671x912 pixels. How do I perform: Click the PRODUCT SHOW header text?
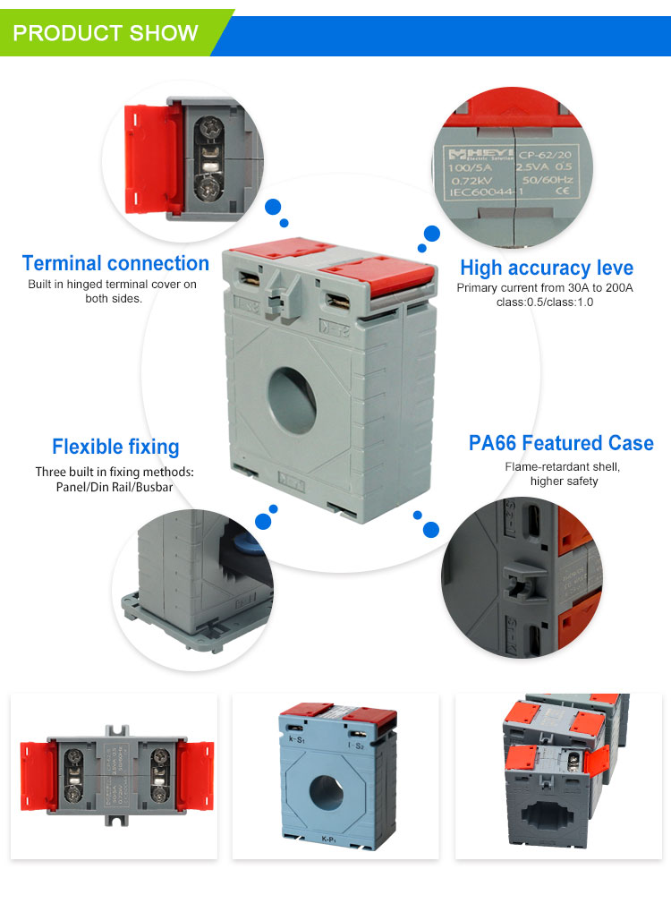click(x=106, y=33)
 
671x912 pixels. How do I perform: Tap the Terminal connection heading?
click(x=115, y=263)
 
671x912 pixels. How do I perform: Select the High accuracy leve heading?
click(x=546, y=268)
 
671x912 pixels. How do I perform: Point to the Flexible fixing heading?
click(x=115, y=447)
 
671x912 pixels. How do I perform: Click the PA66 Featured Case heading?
click(x=561, y=443)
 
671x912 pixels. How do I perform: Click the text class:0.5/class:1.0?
click(x=545, y=302)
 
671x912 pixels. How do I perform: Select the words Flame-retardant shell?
click(x=563, y=466)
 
